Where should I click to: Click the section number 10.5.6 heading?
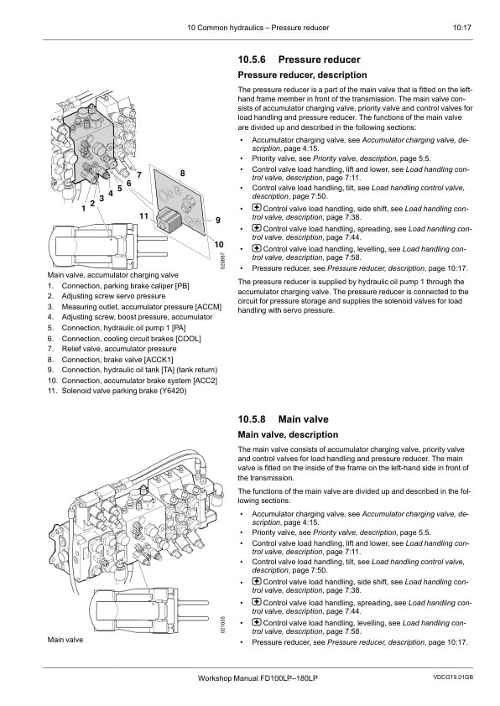[252, 60]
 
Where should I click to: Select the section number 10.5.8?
[252, 419]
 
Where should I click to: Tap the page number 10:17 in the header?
[461, 28]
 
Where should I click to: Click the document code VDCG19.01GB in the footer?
[453, 677]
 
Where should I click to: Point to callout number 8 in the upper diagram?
[182, 174]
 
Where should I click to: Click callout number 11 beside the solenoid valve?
[143, 216]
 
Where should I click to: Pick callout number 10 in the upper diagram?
[219, 245]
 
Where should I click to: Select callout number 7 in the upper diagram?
[139, 174]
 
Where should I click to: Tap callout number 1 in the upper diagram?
[83, 209]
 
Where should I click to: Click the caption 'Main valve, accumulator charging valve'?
[112, 275]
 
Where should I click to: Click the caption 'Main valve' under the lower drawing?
[65, 640]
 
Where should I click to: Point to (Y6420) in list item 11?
[173, 391]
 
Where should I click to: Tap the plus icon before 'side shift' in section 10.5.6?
[257, 208]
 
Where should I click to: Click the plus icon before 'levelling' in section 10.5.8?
[257, 622]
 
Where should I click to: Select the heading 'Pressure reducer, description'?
[302, 75]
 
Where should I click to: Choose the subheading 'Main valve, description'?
[288, 435]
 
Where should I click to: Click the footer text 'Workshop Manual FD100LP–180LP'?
[258, 678]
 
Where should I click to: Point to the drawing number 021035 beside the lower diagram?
[222, 625]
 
